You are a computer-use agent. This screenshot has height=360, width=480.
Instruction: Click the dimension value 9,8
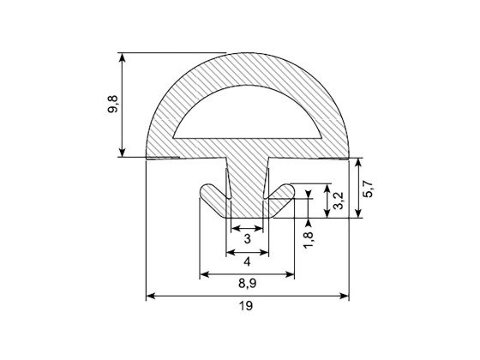[112, 105]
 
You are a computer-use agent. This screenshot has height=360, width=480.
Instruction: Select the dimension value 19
[246, 305]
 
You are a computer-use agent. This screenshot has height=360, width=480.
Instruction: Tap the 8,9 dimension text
[247, 284]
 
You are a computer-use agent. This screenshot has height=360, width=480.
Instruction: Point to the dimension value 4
[247, 261]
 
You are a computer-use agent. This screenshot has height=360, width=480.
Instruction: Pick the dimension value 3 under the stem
[248, 238]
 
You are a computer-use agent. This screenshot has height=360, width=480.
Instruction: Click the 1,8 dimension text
[309, 240]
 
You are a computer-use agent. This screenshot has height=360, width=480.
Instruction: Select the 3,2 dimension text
[339, 201]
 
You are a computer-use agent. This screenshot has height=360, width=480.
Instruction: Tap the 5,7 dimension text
[368, 189]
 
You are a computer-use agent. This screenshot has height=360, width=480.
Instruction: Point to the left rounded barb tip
[205, 190]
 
